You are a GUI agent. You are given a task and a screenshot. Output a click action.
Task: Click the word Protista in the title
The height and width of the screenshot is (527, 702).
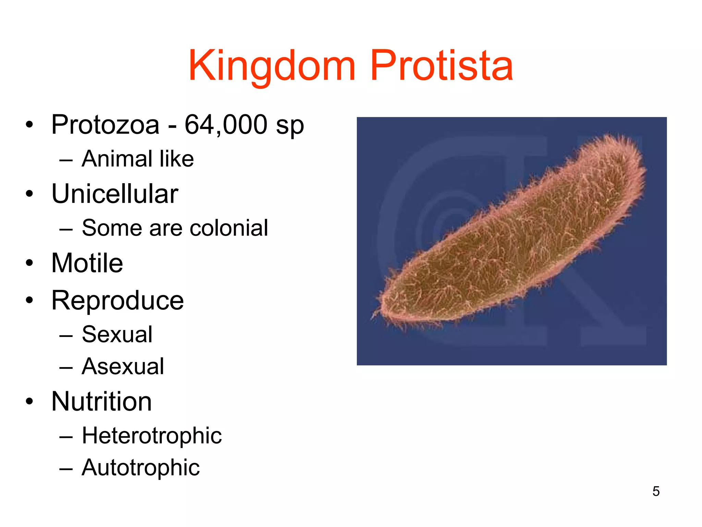[441, 66]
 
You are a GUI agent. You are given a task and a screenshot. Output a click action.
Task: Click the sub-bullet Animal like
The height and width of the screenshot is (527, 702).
[137, 159]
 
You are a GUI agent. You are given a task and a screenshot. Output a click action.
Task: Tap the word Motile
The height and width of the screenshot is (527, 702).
[87, 263]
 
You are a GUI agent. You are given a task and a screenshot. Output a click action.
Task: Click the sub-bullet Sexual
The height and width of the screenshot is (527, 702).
[117, 335]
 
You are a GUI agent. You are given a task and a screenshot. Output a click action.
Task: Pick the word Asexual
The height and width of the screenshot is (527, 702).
[123, 367]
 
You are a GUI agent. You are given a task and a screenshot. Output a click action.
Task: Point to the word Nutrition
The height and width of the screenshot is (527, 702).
[101, 402]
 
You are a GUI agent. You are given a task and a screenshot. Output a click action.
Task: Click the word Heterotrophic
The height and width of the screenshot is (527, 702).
[152, 436]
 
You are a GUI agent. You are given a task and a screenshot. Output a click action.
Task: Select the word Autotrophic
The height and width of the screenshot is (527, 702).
[141, 468]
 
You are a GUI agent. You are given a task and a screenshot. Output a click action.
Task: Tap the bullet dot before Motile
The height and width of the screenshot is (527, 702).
[30, 263]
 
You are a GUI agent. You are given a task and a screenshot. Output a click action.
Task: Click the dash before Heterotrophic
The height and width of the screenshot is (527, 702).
[66, 437]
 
